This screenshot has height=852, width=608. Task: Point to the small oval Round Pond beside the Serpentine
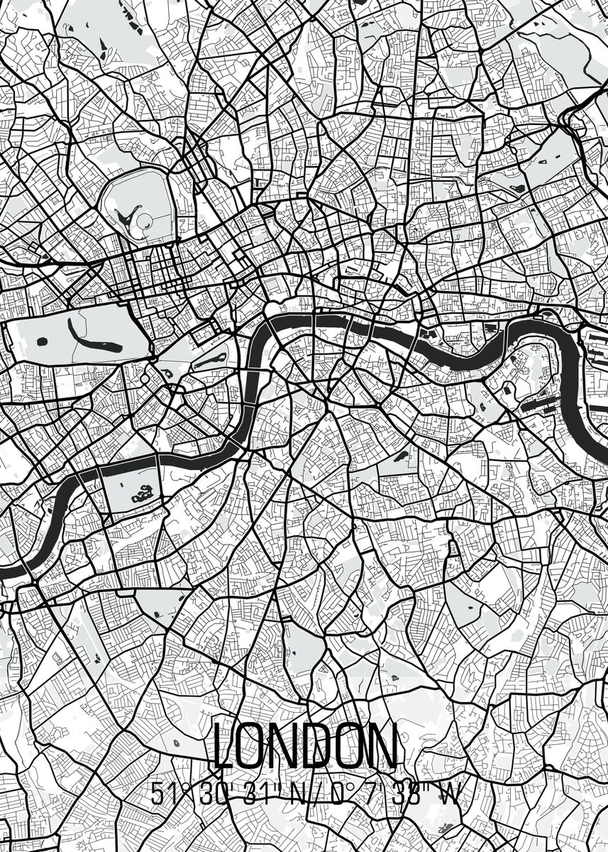[40, 342]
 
